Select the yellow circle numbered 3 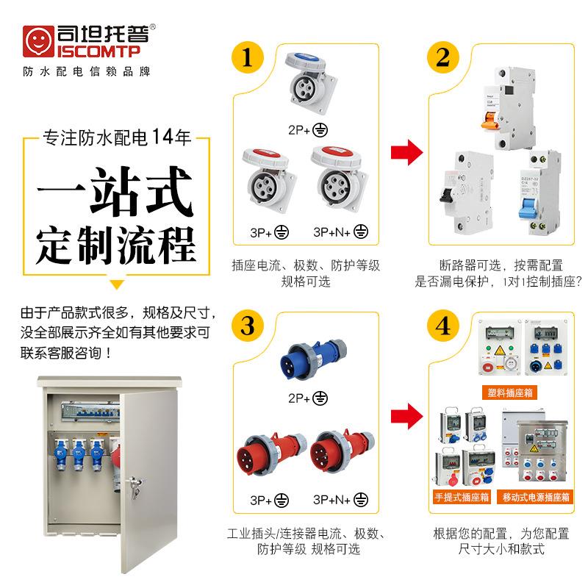(248, 325)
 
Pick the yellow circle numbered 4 (442, 325)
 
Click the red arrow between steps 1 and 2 (406, 151)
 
